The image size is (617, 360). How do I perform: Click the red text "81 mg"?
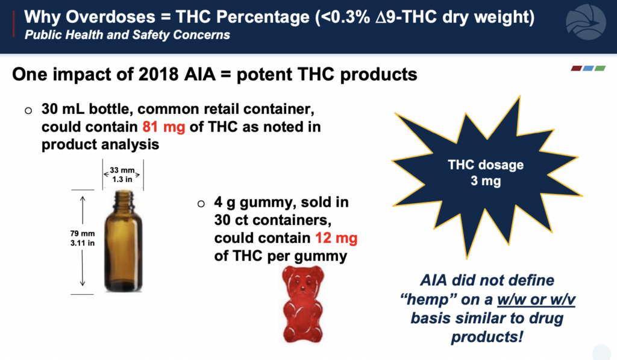click(x=164, y=127)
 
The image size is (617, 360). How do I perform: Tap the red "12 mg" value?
click(x=336, y=238)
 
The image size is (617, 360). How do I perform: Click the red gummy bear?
click(x=303, y=304)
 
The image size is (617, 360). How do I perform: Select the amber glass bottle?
click(x=123, y=241)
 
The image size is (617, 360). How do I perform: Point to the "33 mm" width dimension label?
click(x=122, y=170)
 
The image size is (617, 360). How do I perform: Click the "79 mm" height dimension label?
click(x=83, y=233)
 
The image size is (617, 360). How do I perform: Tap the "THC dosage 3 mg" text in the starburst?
click(x=486, y=172)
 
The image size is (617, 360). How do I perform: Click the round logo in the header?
click(x=586, y=22)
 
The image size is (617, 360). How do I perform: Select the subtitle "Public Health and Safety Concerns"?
click(x=127, y=35)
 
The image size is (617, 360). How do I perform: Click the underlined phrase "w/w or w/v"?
click(x=536, y=300)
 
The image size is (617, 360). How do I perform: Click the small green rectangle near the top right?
click(x=600, y=69)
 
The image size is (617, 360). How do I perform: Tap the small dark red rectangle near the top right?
click(x=577, y=69)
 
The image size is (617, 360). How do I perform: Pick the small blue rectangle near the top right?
click(x=588, y=69)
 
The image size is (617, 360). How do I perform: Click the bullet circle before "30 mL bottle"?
click(x=28, y=110)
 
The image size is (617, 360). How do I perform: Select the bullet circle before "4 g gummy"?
click(x=201, y=204)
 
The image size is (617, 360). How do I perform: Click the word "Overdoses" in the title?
click(x=111, y=17)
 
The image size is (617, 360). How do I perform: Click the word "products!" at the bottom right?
click(x=487, y=337)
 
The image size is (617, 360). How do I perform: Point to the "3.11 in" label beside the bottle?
click(x=83, y=243)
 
